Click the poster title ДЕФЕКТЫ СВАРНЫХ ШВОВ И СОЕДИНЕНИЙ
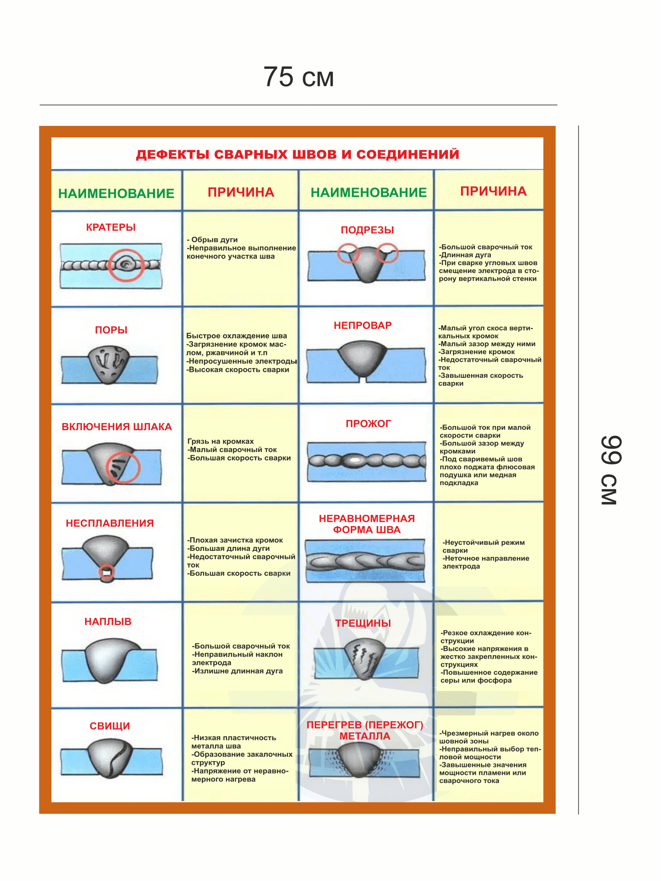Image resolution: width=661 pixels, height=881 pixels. coord(297,154)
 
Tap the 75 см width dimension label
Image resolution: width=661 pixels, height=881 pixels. coord(298,76)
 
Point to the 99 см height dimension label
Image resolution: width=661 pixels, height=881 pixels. coord(610,470)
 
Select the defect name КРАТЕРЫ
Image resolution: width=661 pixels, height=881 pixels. coord(111,227)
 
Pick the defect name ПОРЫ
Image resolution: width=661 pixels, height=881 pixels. coord(111,330)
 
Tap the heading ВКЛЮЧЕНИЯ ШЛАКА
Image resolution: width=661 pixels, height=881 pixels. coord(117,426)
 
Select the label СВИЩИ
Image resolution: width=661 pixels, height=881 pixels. coord(109,726)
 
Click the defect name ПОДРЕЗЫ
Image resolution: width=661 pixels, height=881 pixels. coord(367,230)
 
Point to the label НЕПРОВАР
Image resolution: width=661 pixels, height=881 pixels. coord(363,326)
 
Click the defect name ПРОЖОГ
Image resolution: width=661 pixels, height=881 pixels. coord(368,423)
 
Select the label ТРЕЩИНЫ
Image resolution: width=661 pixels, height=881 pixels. coord(363,623)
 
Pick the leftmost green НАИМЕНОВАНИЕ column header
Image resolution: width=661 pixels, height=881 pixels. coord(116,193)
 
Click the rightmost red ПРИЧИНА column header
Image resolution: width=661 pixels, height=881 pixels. coord(493,191)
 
